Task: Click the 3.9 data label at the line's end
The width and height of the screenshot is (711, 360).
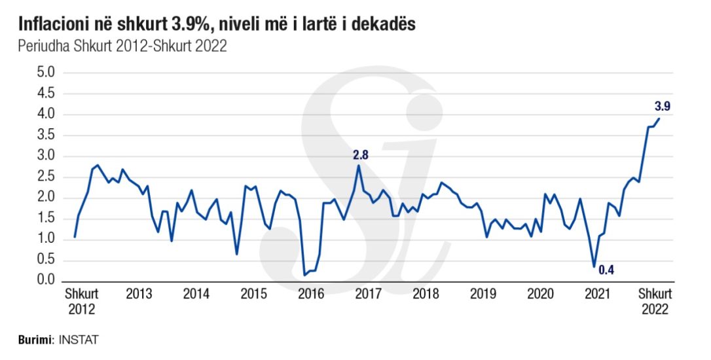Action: coord(663,106)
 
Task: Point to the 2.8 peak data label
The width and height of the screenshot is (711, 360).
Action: coord(361,154)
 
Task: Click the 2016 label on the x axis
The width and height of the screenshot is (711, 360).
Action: coord(311,295)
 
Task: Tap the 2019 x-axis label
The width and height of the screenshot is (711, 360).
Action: coord(483,295)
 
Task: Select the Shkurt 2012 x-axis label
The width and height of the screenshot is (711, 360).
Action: coord(82,301)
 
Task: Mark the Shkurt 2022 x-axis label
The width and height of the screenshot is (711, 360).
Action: coord(655,301)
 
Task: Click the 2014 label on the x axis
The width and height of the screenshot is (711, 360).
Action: coord(196,295)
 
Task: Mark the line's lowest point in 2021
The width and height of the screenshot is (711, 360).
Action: coord(594,266)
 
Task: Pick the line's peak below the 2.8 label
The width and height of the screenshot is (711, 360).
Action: coord(359,166)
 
